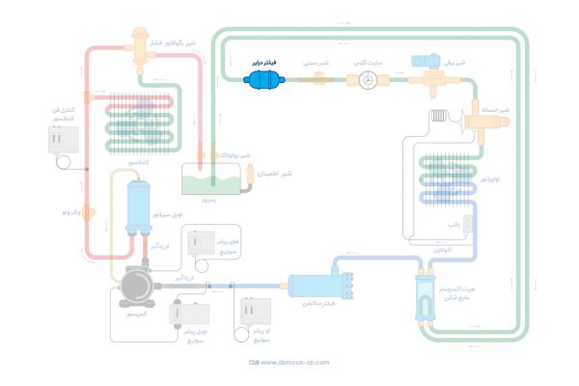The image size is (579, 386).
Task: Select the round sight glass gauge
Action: pyautogui.click(x=369, y=82)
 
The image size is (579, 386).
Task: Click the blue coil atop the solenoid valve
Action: pyautogui.click(x=426, y=61)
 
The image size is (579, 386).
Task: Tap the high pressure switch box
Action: pyautogui.click(x=204, y=246)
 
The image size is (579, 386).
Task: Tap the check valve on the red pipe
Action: pyautogui.click(x=88, y=210)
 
